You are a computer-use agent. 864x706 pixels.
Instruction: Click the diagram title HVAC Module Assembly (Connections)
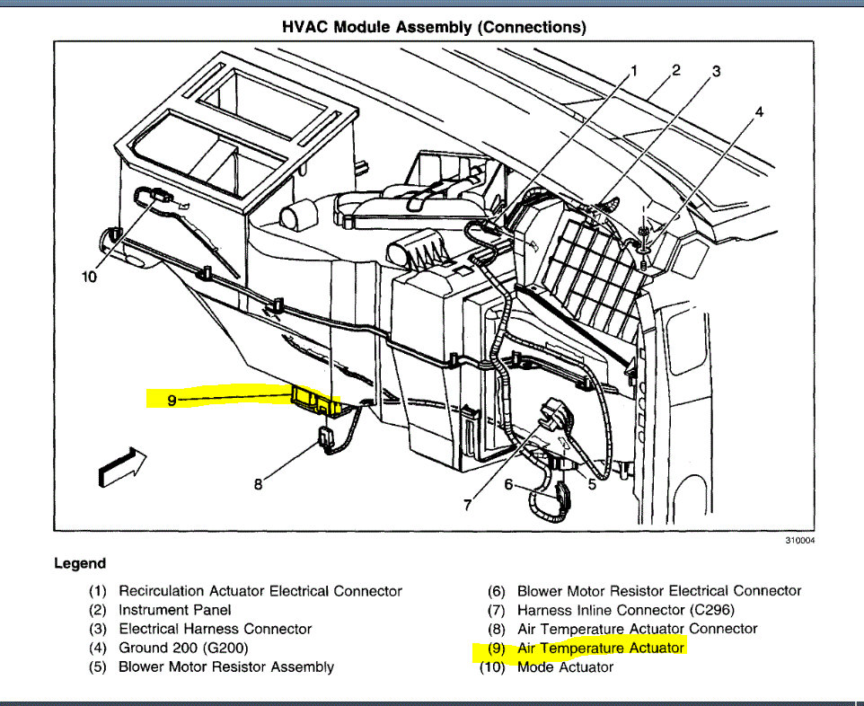(x=434, y=28)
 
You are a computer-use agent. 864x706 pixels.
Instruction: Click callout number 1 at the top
(x=633, y=70)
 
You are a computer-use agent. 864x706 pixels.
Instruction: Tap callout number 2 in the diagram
(x=675, y=69)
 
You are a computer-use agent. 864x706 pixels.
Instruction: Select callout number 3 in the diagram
(x=717, y=71)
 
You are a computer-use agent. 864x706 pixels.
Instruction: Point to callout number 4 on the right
(x=759, y=112)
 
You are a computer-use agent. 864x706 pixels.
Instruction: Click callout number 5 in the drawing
(x=592, y=484)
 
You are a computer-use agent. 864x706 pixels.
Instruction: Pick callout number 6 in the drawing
(x=508, y=485)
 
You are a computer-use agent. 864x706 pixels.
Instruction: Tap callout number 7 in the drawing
(x=467, y=505)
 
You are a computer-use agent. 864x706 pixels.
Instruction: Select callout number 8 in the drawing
(x=259, y=484)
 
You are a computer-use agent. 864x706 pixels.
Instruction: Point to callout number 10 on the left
(x=88, y=277)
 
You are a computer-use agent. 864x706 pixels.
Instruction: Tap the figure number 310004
(x=798, y=541)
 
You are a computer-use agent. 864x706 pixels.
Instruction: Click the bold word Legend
(x=80, y=564)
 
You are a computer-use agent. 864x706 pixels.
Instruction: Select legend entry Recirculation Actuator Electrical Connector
(x=260, y=591)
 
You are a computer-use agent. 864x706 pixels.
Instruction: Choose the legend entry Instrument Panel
(x=175, y=610)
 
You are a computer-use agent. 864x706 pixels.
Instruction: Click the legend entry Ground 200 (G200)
(x=183, y=648)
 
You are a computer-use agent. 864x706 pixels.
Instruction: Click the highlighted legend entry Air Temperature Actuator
(x=601, y=648)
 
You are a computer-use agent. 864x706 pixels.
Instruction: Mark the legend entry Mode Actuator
(x=565, y=666)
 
